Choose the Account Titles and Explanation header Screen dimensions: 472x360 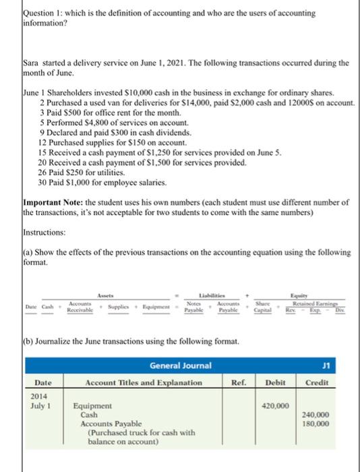pyautogui.click(x=144, y=382)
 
